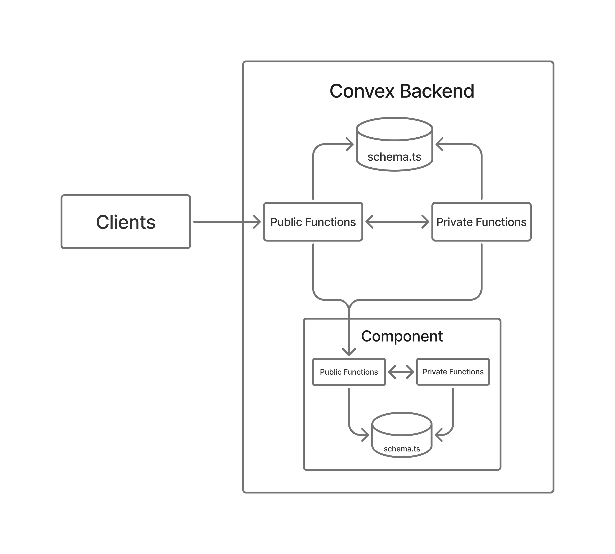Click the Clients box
(x=126, y=222)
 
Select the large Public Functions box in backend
(x=313, y=222)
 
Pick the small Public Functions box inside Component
(x=348, y=372)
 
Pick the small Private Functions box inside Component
(x=453, y=372)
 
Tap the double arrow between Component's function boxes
(x=401, y=372)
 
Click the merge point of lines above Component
(x=349, y=306)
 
